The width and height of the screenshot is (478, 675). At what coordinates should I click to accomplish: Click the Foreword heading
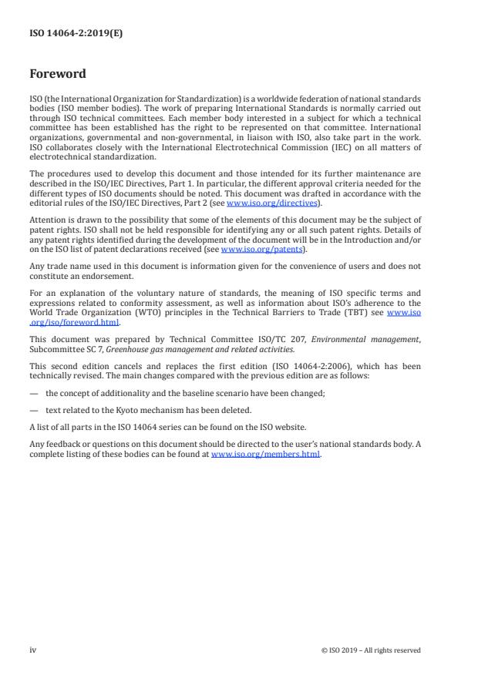click(58, 74)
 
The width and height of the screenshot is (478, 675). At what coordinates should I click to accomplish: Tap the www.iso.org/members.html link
click(265, 455)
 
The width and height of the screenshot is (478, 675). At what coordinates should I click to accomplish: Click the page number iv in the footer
click(32, 650)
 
